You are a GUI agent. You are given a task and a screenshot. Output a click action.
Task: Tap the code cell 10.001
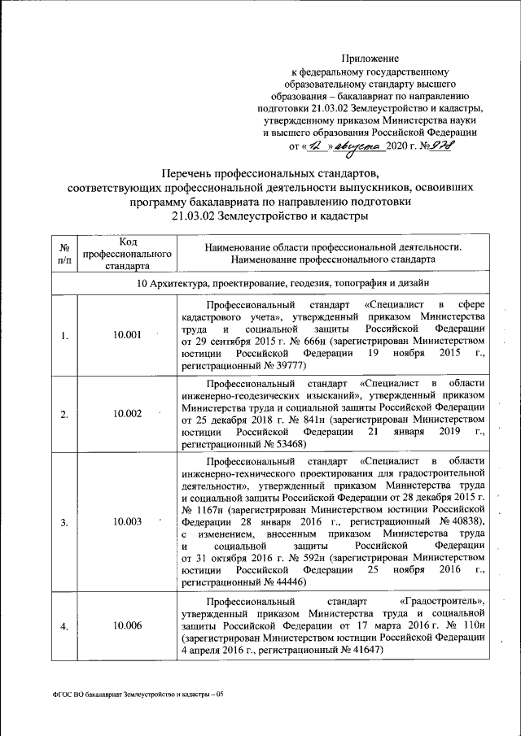(x=129, y=336)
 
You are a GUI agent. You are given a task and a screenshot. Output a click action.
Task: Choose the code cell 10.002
(x=129, y=413)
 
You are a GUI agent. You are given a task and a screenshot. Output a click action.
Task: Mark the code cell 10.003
(x=129, y=521)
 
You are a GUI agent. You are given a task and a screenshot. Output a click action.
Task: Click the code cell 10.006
(x=129, y=625)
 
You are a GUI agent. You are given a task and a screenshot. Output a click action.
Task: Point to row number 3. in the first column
(x=64, y=521)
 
